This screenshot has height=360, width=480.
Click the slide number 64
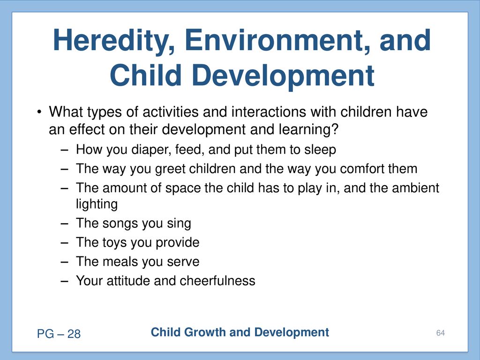click(x=441, y=333)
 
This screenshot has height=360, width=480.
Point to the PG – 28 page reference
click(x=59, y=334)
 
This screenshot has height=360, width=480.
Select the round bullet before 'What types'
click(x=39, y=112)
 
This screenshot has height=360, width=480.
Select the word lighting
click(x=97, y=204)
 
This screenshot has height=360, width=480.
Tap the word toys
click(x=114, y=243)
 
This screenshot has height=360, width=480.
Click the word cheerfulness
click(x=217, y=281)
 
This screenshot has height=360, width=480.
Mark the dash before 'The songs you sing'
click(x=64, y=224)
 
